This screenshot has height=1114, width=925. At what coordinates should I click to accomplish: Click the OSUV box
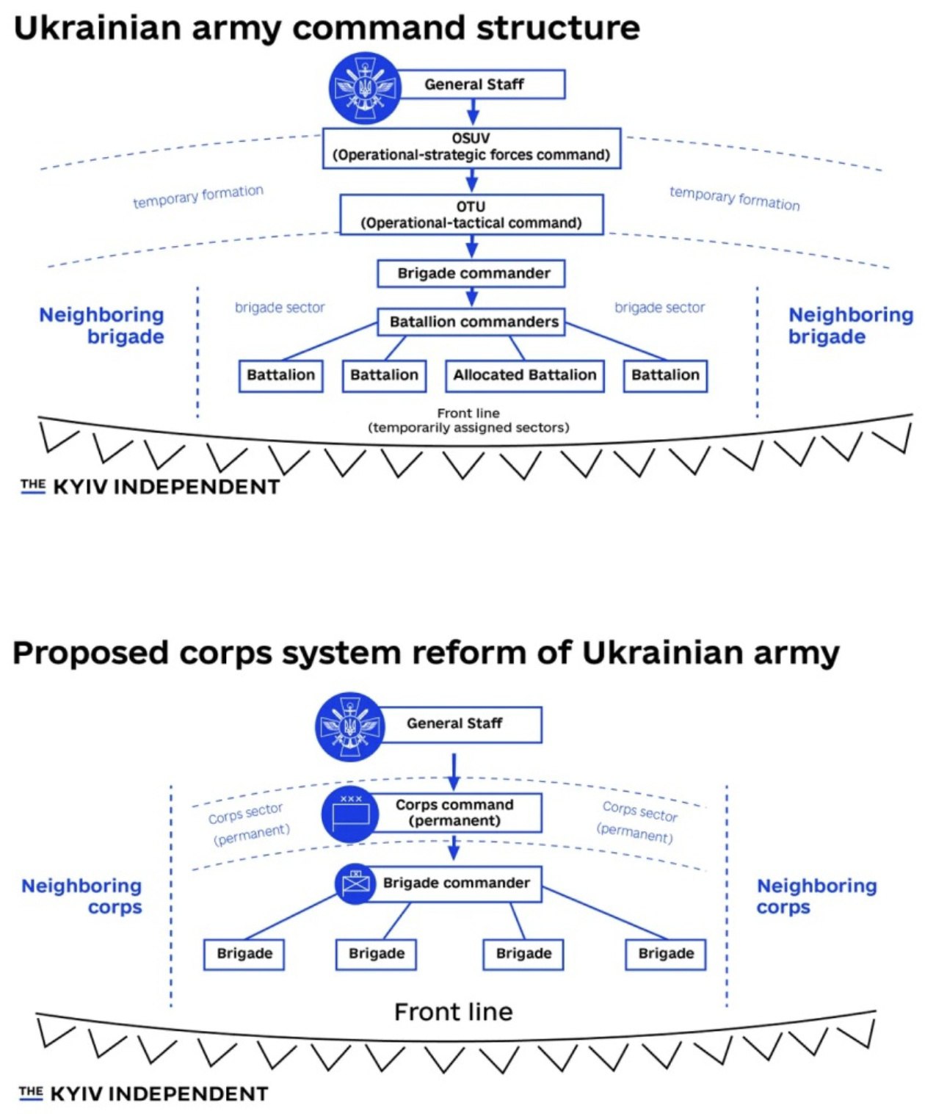coord(471,148)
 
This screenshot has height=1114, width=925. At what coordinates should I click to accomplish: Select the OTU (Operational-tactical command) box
coord(471,214)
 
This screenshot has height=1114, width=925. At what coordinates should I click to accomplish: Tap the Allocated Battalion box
coord(524,375)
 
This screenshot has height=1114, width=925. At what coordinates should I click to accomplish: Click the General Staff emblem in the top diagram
coord(365,88)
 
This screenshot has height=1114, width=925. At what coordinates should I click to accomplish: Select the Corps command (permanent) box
coord(455,812)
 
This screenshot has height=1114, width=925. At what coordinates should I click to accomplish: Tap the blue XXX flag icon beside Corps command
coord(350,813)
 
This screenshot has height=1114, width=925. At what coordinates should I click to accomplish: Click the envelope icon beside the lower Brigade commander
coord(357,883)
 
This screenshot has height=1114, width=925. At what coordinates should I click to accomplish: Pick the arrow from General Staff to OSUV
coord(473,112)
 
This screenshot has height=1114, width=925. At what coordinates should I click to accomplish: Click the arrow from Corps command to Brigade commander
coord(454,847)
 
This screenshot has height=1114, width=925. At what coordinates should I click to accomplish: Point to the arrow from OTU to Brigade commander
coord(472,246)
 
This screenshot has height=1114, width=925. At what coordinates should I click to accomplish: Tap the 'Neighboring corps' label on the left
coord(82,896)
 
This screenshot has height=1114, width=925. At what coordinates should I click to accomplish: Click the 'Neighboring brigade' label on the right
coord(850,325)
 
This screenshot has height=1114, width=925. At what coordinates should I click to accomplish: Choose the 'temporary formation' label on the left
coord(198,196)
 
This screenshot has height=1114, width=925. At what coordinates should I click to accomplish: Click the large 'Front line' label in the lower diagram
coord(453,1012)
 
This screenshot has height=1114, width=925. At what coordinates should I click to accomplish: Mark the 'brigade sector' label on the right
coord(659,308)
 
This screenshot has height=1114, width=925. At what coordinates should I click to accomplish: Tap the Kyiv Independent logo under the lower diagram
coord(144,1093)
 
